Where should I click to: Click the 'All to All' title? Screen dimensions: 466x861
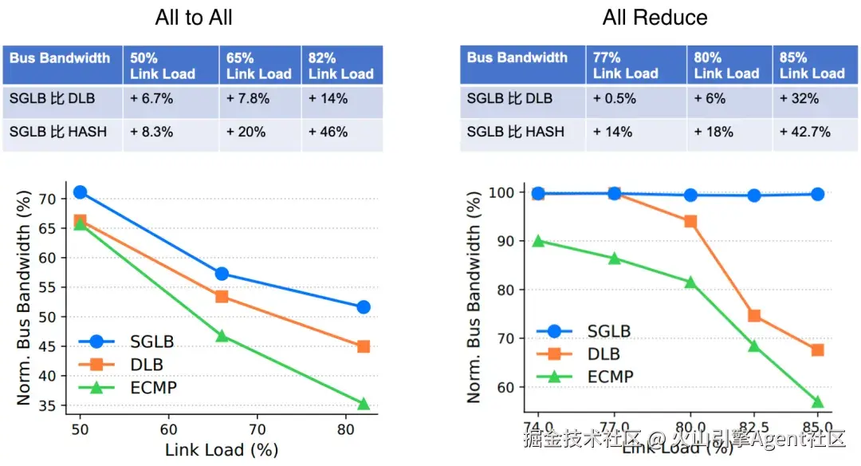tap(194, 18)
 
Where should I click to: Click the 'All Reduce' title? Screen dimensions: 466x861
tap(655, 18)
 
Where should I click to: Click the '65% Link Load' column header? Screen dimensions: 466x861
tap(259, 65)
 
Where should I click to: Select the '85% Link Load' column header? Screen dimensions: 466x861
tap(812, 65)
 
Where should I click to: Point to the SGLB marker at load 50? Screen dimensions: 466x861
tap(80, 192)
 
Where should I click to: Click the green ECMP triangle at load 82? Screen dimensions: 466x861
tap(364, 404)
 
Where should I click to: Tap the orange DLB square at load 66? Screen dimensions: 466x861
tap(222, 297)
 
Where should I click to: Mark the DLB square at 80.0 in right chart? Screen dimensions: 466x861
tap(690, 221)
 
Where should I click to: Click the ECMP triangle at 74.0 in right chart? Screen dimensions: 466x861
tap(538, 241)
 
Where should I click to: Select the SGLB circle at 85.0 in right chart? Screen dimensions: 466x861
tap(817, 194)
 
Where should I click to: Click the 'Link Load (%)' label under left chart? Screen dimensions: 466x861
tap(221, 449)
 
